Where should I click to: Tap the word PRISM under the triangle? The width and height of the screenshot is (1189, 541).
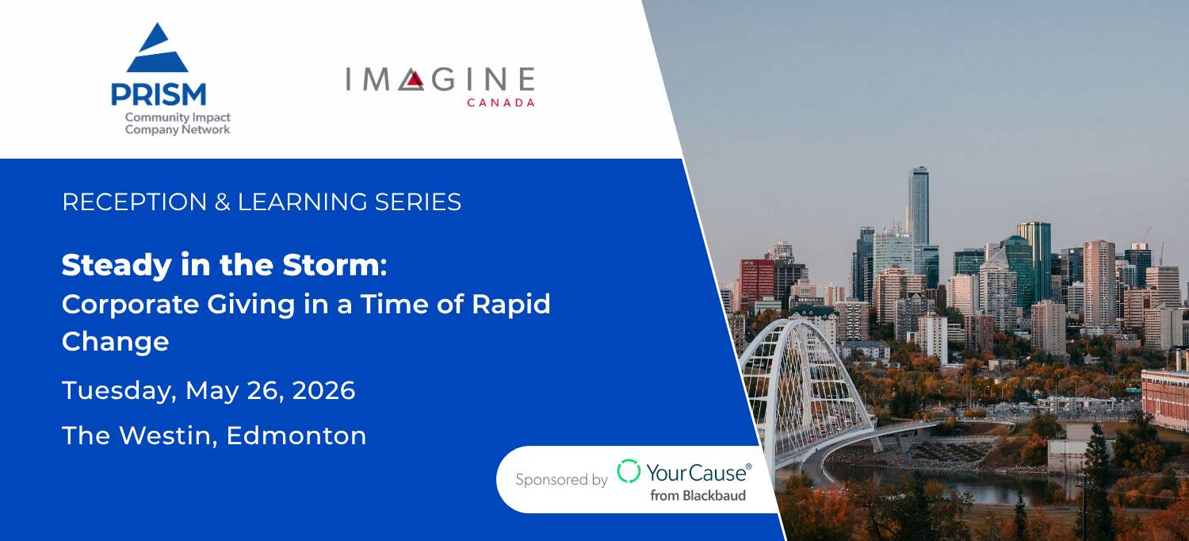tap(159, 94)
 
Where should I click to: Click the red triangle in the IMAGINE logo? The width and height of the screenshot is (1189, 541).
tap(415, 79)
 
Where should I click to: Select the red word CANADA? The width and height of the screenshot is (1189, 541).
tap(500, 102)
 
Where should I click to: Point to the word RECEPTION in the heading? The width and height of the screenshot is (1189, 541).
tap(135, 202)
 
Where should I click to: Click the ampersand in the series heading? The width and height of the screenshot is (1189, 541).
tap(223, 202)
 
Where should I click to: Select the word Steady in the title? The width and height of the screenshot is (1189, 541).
tap(117, 266)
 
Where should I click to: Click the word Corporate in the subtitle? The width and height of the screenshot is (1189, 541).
tap(130, 305)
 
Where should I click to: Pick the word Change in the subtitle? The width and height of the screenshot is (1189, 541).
tap(115, 341)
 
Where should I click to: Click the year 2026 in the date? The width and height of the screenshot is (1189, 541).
tap(323, 390)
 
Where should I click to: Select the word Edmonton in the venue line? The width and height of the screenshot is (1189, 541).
tap(296, 435)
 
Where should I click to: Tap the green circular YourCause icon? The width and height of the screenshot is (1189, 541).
tap(629, 471)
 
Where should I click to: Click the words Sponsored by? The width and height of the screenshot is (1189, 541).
tap(561, 480)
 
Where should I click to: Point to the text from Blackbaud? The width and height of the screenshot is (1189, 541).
tap(698, 496)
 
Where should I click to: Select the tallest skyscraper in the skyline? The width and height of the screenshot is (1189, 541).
tap(918, 206)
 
